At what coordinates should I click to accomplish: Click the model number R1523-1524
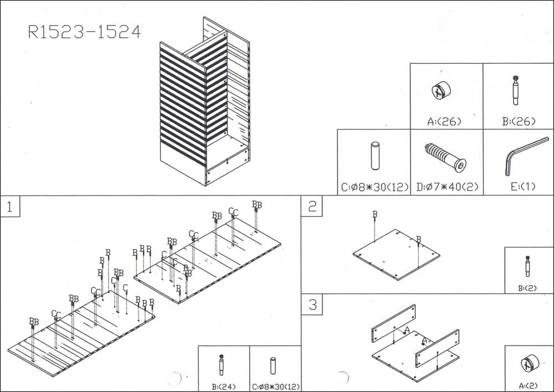pos(84,32)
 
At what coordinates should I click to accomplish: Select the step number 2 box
pos(312,207)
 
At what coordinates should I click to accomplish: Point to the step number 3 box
pos(312,305)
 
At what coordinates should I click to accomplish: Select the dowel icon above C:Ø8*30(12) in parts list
pos(375,156)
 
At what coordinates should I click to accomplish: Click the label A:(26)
pos(446,121)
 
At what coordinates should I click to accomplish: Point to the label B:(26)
pos(519,121)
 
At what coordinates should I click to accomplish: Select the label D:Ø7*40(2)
pos(446,187)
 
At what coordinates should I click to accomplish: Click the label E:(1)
pos(522,187)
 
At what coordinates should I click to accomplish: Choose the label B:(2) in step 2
pos(527,287)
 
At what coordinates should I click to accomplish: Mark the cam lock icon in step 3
pos(528,364)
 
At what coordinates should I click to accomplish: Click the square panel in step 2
pos(397,254)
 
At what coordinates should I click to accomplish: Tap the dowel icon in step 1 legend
pos(273,366)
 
